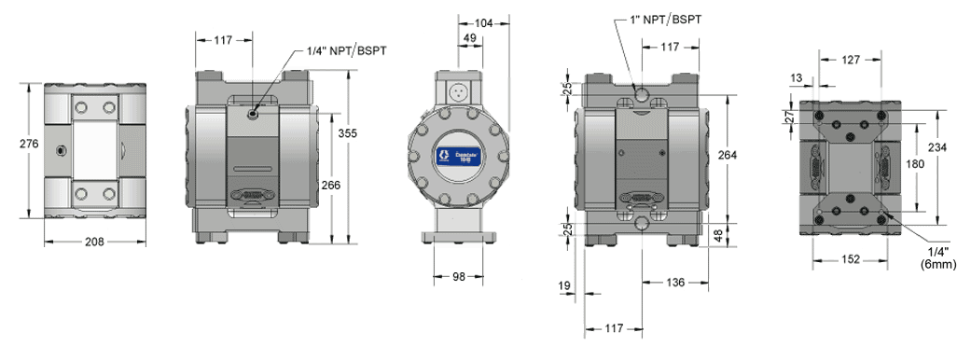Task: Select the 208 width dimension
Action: [x=94, y=242]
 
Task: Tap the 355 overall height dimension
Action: [x=348, y=134]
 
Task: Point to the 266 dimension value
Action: [x=331, y=185]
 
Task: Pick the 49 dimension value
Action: [x=469, y=38]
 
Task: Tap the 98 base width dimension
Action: [x=458, y=277]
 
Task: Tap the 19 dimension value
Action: [x=564, y=284]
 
